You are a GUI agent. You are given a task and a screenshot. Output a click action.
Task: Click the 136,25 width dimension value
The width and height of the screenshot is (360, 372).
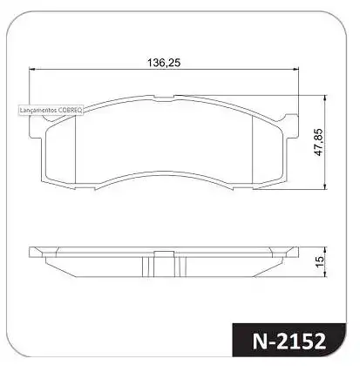click(164, 63)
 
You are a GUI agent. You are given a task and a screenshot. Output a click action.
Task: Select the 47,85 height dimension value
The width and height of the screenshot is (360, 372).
click(319, 142)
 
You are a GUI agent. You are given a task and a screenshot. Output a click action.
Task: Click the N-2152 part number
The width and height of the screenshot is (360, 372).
click(289, 342)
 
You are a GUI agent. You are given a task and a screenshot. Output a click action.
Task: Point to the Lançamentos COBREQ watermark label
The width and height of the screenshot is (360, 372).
click(51, 111)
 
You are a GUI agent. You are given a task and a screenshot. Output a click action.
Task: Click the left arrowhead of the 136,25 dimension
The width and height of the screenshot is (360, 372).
click(31, 69)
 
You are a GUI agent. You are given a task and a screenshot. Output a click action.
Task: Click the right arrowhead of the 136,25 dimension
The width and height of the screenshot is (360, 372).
click(296, 69)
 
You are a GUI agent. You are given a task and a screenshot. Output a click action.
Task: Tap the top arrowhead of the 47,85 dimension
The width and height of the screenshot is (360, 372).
click(326, 98)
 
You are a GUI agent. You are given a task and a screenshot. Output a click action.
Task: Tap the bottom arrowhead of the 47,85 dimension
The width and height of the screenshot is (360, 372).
click(326, 186)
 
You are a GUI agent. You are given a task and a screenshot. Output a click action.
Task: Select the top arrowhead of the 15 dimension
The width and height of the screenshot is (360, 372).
click(326, 250)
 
